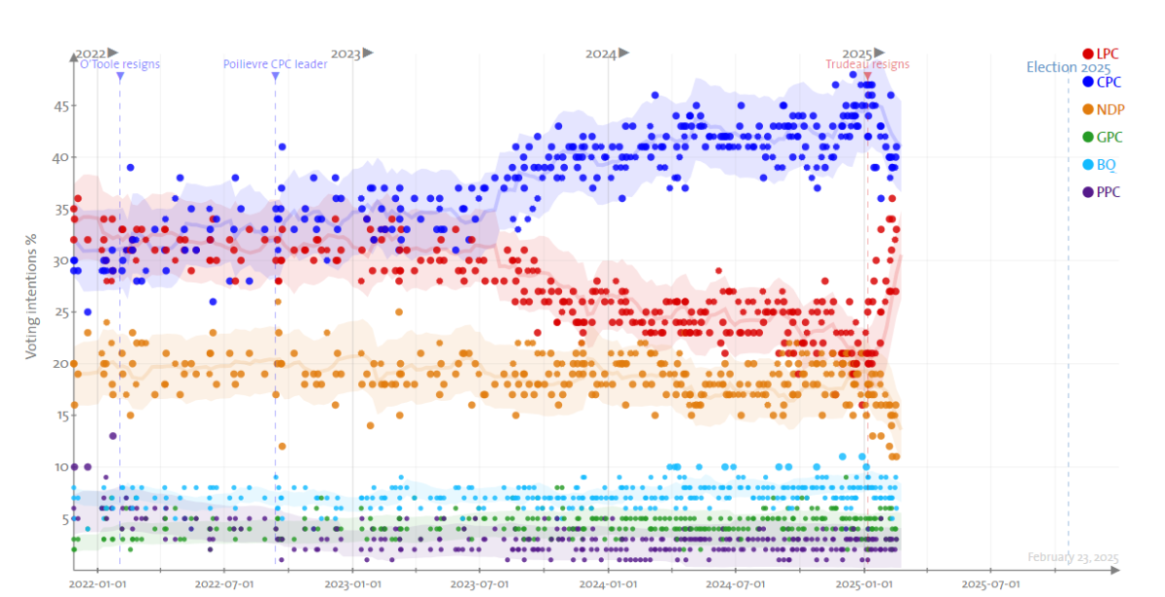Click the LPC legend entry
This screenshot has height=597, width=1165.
[x=1102, y=53]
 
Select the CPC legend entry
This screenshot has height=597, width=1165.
[x=1102, y=82]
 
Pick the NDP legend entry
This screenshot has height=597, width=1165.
[x=1103, y=110]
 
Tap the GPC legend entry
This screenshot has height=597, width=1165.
[x=1102, y=137]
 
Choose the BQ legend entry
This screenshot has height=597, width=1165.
[x=1100, y=165]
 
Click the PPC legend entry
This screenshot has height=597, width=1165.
[x=1102, y=192]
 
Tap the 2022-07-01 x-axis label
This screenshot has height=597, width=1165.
[x=224, y=584]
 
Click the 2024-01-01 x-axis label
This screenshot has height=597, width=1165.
[x=608, y=584]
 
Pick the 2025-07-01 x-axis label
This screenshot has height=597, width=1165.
[x=990, y=584]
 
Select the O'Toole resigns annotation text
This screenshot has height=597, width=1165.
[x=119, y=64]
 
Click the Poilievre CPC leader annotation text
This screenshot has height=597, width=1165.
[x=275, y=64]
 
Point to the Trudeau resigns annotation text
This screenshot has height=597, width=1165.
[x=867, y=64]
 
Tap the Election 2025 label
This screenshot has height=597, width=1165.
[x=1068, y=68]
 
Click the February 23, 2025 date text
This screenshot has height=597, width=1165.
[x=1073, y=558]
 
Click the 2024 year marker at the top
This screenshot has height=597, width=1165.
[x=601, y=53]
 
